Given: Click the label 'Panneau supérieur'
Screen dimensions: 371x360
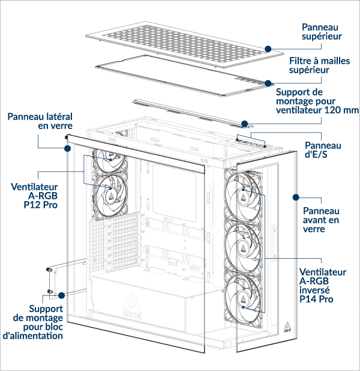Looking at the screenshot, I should point(321,32).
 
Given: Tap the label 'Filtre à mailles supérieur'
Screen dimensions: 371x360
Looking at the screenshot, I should point(317,66).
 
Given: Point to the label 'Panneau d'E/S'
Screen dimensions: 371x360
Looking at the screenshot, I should point(323,150).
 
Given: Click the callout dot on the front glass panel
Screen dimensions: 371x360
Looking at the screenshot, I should point(295,196).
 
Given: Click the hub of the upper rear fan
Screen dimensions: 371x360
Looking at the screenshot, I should point(112,159).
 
